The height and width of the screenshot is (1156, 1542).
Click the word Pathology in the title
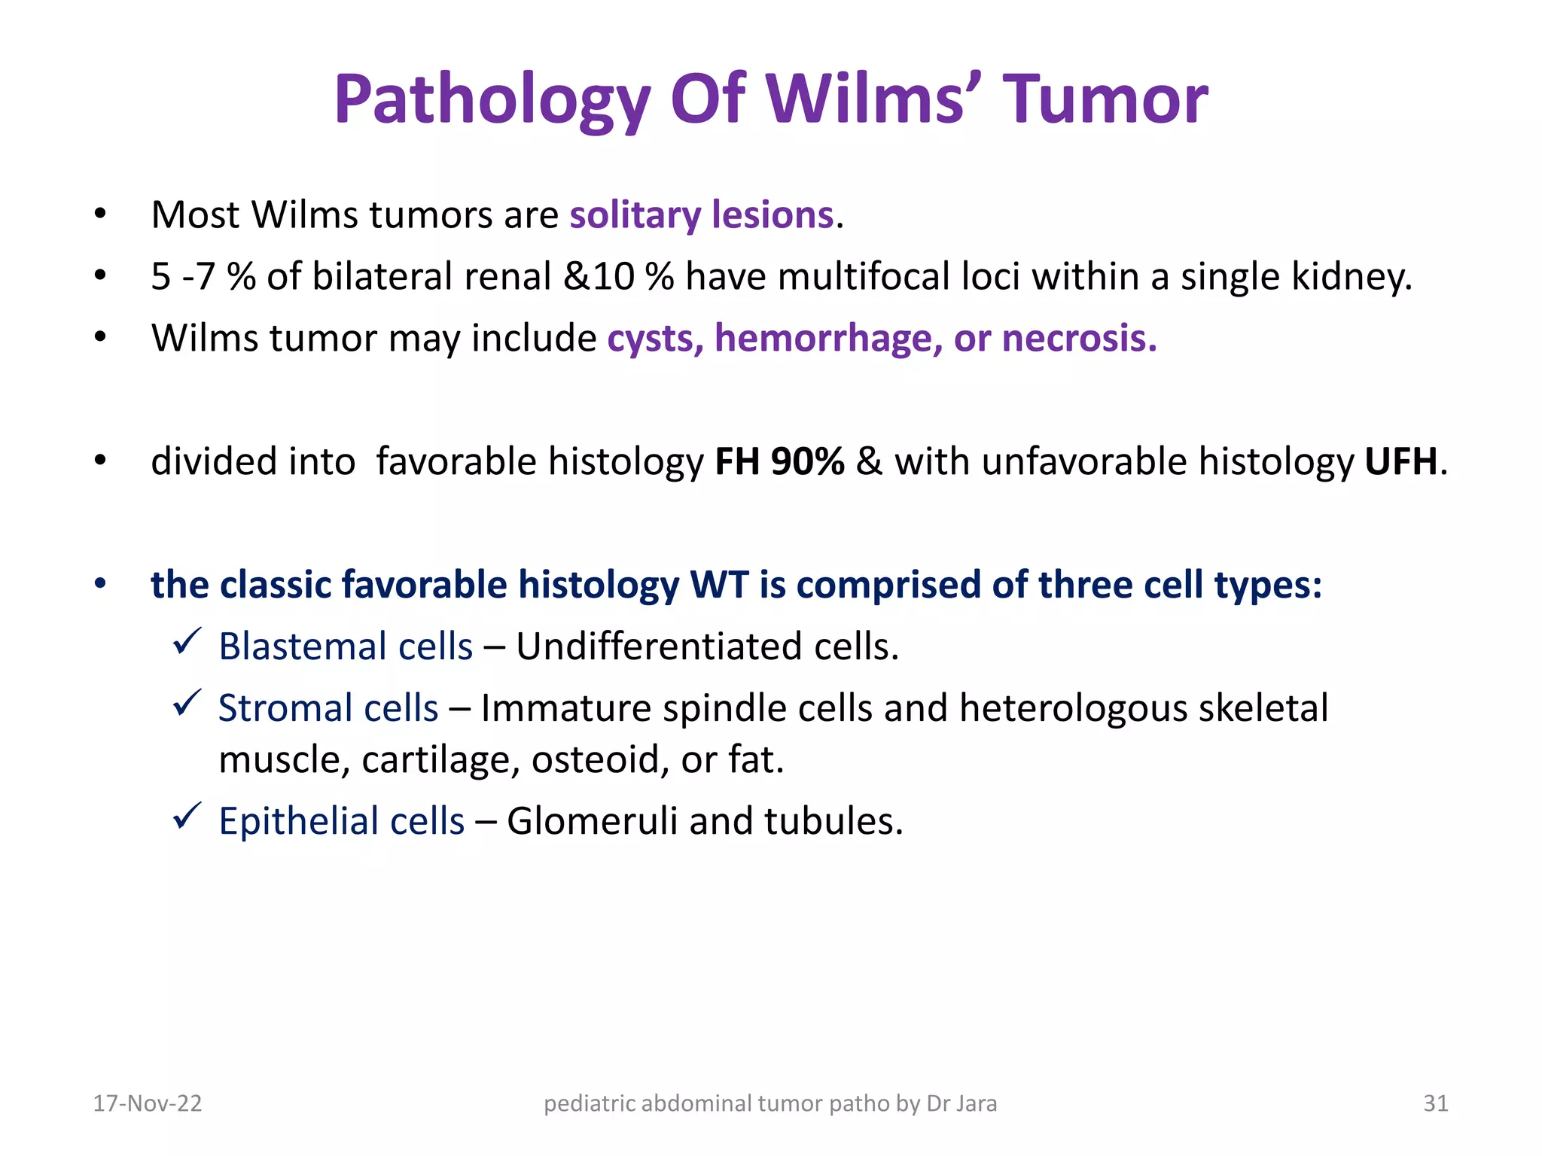492,100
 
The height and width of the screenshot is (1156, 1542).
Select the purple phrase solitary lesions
702,215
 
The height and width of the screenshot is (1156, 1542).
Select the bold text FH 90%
779,461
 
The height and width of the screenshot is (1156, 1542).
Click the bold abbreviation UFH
1400,461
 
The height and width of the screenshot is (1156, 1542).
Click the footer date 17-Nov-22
148,1103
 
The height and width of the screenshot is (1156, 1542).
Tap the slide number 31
1435,1103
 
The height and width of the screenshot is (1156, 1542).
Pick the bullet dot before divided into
100,461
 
